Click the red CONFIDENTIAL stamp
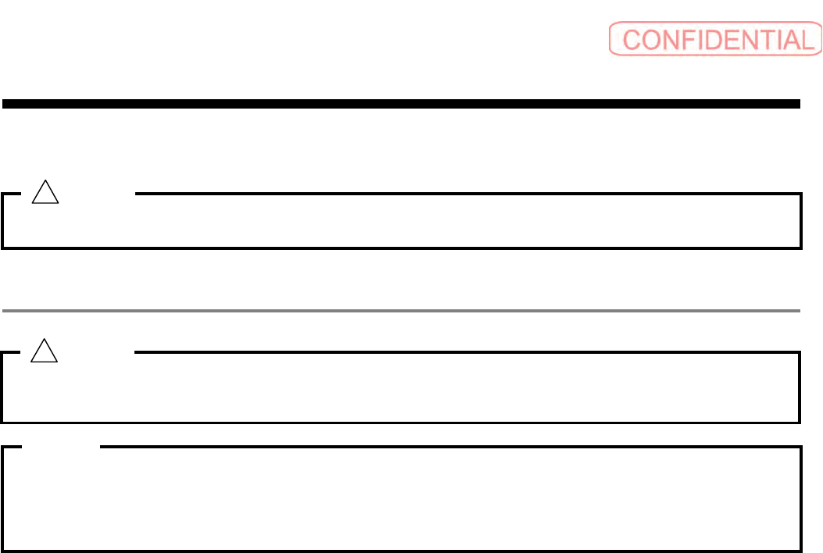click(x=714, y=39)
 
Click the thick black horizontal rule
click(x=401, y=103)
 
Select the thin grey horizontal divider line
click(x=401, y=311)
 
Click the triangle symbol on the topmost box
click(x=44, y=192)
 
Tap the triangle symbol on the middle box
click(x=44, y=352)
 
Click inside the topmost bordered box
click(x=401, y=222)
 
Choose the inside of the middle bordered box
click(x=401, y=388)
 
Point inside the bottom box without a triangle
click(x=401, y=500)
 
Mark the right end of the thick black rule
click(x=798, y=103)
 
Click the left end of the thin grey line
click(x=5, y=311)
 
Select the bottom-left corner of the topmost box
click(x=3, y=247)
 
